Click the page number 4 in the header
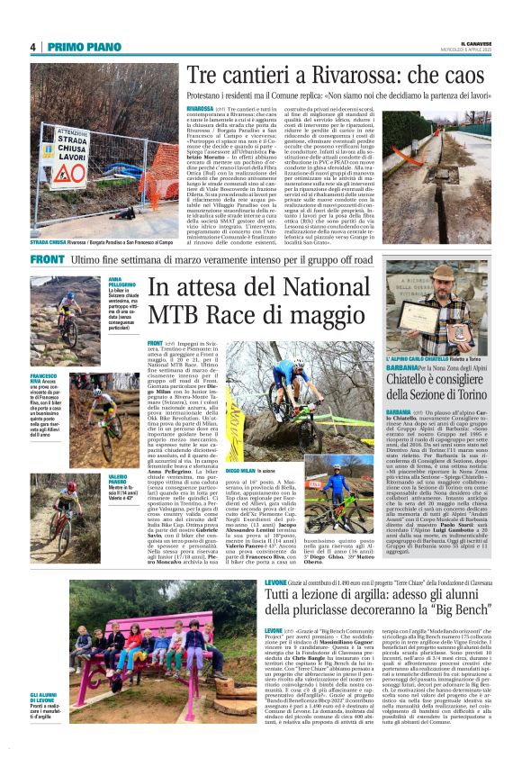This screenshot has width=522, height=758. click(32, 48)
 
